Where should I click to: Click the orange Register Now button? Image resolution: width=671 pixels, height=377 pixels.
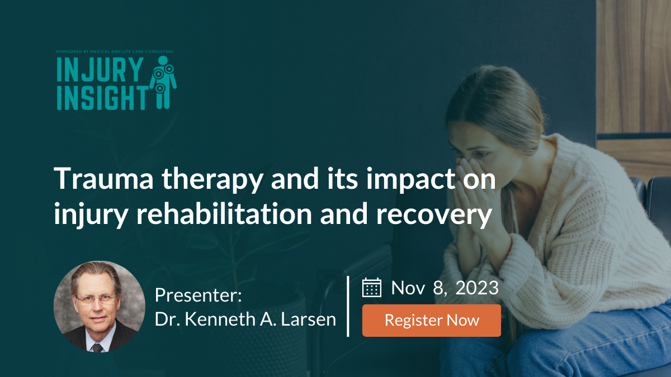point(431,321)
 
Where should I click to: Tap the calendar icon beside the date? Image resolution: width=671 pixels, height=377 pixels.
point(372,288)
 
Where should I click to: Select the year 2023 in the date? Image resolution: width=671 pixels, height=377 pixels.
point(477,288)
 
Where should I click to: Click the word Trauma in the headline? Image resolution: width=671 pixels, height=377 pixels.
point(103,179)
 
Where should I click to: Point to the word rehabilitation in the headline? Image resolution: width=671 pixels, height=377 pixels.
point(225,213)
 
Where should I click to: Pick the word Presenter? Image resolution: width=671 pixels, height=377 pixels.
point(198,295)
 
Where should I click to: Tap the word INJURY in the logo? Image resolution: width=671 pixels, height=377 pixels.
point(100,69)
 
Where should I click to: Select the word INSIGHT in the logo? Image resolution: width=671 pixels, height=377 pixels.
point(102,98)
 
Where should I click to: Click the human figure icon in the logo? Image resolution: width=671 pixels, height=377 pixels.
point(163,82)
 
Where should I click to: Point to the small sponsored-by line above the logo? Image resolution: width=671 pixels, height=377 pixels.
point(115,51)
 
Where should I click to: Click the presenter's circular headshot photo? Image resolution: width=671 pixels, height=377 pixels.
point(100,307)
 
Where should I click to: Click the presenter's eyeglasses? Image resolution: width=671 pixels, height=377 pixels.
point(96,299)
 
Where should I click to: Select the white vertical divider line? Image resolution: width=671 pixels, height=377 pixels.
point(348,307)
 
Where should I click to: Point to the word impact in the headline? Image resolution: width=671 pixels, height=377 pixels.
point(411,179)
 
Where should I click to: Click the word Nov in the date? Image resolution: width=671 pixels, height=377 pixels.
point(408,288)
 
